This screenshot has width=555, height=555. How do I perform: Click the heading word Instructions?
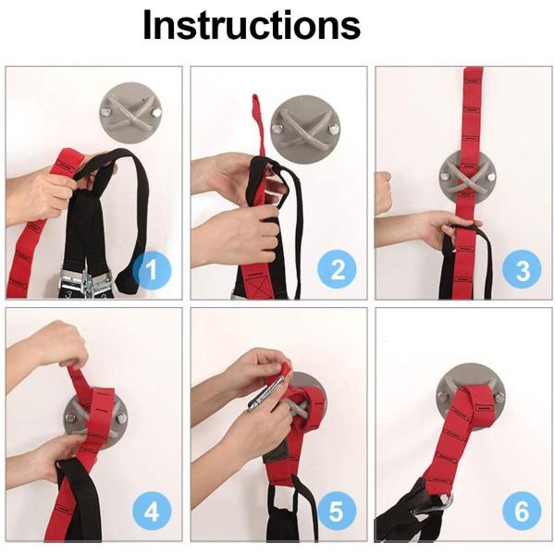click(252, 26)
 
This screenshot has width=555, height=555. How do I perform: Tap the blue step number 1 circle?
click(152, 270)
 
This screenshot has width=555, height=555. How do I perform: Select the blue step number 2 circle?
click(337, 269)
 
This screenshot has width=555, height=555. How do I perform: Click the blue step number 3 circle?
click(522, 269)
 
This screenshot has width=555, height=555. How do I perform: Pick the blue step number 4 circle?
click(152, 512)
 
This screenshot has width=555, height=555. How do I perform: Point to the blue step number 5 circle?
click(337, 512)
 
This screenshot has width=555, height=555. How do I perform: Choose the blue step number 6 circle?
click(522, 512)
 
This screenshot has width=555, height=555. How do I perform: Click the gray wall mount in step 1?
click(130, 112)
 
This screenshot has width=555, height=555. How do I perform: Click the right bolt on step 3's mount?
click(490, 177)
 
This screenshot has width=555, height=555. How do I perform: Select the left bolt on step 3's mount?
click(445, 175)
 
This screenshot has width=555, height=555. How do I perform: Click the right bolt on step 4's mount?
click(121, 418)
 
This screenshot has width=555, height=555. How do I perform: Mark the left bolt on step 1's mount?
click(105, 113)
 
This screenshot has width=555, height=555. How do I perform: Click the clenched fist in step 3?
click(383, 192)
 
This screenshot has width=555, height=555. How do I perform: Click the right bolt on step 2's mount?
click(333, 129)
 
